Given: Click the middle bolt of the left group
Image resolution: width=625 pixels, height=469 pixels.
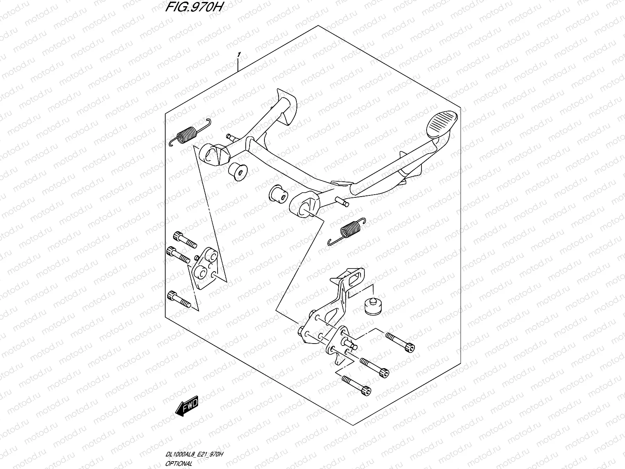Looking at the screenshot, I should [179, 255].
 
